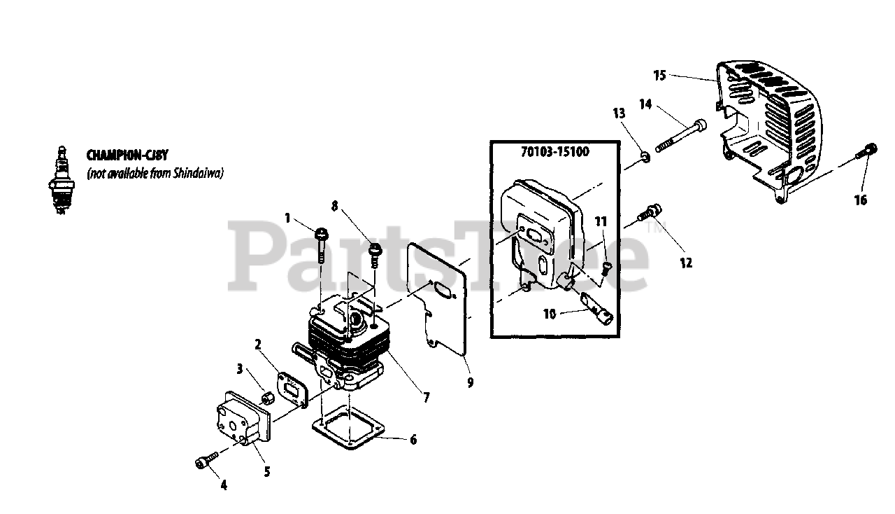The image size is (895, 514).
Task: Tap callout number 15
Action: click(x=660, y=74)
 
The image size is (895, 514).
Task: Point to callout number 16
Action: click(x=861, y=200)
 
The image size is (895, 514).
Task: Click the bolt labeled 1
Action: click(x=322, y=241)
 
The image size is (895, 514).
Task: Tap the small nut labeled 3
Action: click(x=266, y=399)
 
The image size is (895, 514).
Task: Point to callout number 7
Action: click(x=427, y=397)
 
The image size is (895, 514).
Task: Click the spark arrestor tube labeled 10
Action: click(x=596, y=308)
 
